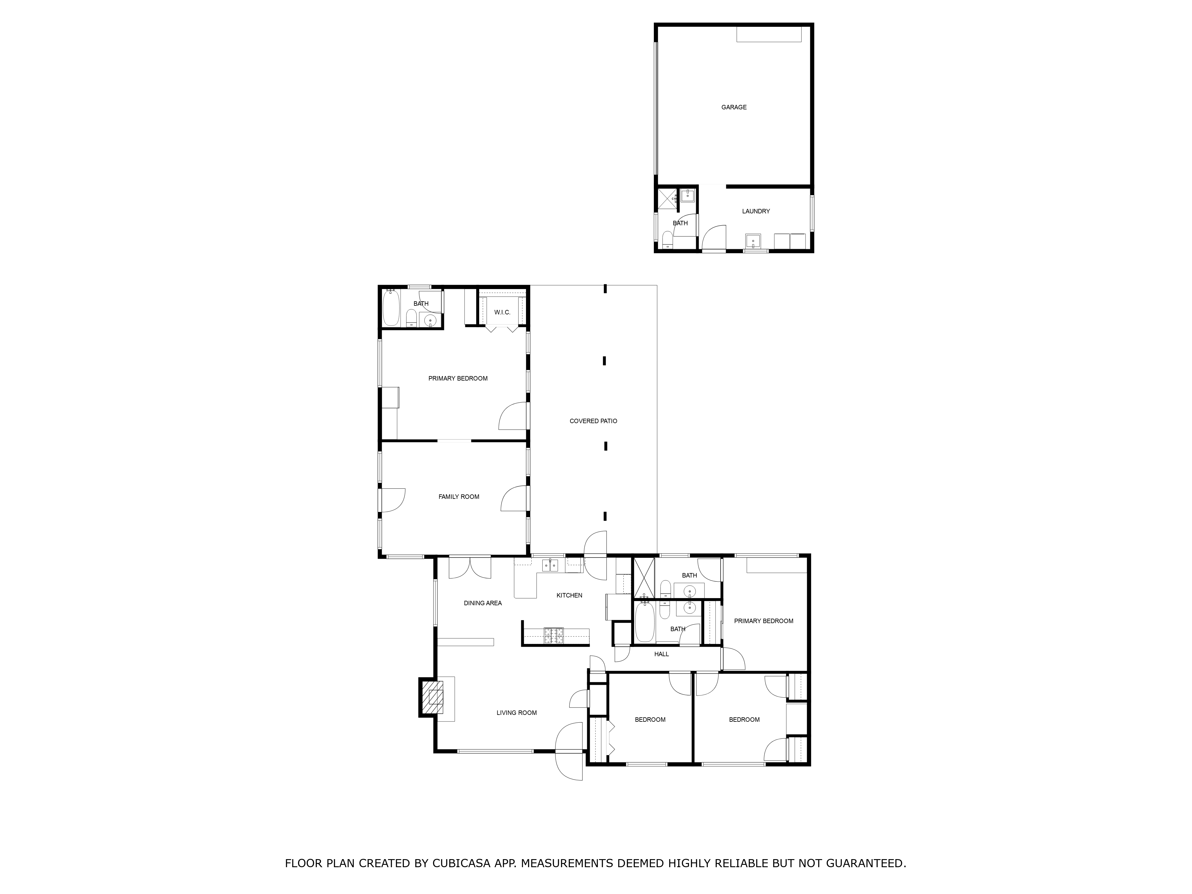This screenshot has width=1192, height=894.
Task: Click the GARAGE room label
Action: click(x=734, y=107)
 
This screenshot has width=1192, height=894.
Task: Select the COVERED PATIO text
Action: click(x=593, y=421)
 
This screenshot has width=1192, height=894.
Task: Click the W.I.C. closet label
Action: click(x=502, y=313)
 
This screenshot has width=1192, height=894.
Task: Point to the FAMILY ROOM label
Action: click(x=459, y=497)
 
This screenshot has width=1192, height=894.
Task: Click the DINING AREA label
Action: click(x=483, y=603)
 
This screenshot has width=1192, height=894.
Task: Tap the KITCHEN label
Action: click(x=569, y=595)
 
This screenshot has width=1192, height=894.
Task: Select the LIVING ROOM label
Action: click(x=517, y=713)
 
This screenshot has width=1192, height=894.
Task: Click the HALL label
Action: click(x=662, y=654)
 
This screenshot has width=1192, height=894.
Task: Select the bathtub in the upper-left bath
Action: click(x=391, y=308)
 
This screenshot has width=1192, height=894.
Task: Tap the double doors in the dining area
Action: click(x=470, y=567)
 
